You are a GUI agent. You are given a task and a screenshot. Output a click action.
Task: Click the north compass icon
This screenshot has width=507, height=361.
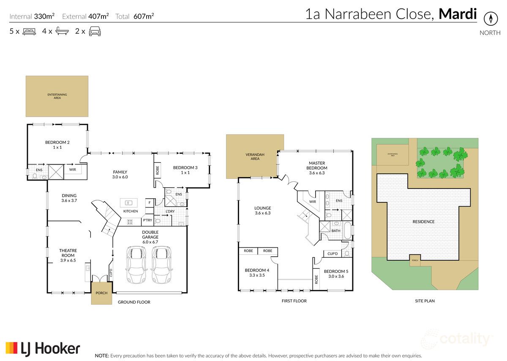coord(491,19)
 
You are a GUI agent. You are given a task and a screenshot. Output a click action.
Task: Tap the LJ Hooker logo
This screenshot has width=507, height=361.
coord(43,348)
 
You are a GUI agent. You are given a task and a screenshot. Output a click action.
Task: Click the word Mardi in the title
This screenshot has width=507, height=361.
coord(458,14)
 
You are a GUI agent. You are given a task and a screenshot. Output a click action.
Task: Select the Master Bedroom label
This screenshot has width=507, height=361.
coord(318,165)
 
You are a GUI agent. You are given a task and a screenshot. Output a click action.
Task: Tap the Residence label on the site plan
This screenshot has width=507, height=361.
coord(424,221)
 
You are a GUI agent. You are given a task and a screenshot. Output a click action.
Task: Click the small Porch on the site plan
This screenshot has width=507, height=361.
coord(414,259)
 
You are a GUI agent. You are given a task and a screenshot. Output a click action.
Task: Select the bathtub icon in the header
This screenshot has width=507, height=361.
coord(62,31)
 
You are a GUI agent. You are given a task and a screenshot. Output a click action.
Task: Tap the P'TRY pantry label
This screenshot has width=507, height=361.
coord(147,221)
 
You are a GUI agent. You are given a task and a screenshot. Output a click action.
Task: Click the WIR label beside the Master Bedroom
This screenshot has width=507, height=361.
coord(313,202)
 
